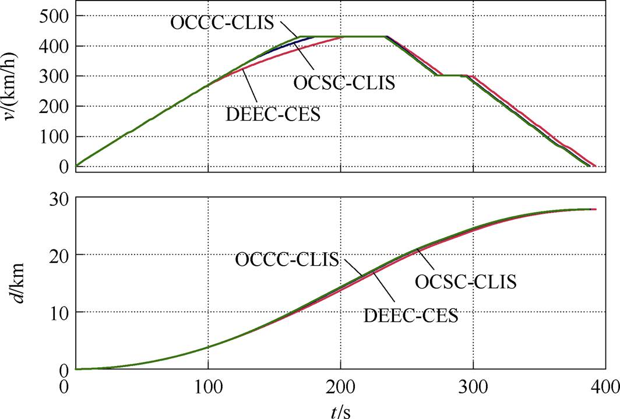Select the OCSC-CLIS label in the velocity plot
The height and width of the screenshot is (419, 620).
[x=344, y=82]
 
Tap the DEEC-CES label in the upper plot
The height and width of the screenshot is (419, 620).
[x=273, y=113]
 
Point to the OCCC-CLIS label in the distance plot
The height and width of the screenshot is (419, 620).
[x=287, y=259]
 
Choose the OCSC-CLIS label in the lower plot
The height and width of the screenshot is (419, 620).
[x=466, y=283]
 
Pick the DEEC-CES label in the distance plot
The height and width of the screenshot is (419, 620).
[x=411, y=316]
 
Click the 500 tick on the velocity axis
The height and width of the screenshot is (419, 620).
[x=53, y=16]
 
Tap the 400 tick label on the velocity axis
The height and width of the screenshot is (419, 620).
[x=53, y=46]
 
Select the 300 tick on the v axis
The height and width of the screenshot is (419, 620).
[x=53, y=76]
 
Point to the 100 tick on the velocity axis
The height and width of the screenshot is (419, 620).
[x=53, y=137]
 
